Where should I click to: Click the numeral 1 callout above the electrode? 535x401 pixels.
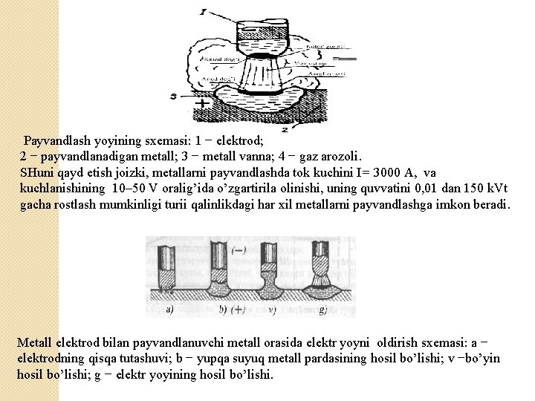point(203,12)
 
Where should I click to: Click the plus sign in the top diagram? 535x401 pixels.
point(199,103)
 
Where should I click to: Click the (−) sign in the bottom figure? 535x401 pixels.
point(239,250)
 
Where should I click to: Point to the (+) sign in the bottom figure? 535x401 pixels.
point(239,310)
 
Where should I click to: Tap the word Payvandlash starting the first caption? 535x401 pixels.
point(58,140)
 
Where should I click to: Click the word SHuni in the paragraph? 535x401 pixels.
point(38,172)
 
